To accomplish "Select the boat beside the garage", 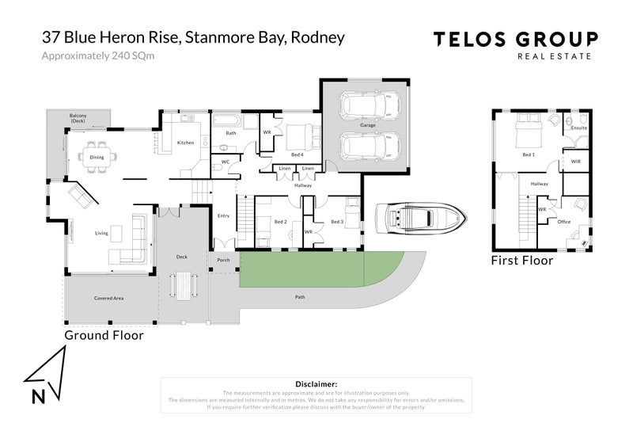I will point(416,219).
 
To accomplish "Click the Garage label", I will point(368,126).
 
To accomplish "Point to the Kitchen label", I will point(185,143).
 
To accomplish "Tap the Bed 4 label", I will point(297,154).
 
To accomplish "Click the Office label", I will point(564,222).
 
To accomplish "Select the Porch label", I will point(222,258).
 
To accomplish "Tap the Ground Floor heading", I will point(104,335).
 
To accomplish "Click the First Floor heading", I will point(521,260).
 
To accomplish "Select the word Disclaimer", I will point(316,383).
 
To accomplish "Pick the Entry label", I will point(223,215).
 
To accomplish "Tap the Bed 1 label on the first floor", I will point(529,155).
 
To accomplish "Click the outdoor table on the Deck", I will point(184,284).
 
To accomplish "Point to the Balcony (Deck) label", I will point(78,119).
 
